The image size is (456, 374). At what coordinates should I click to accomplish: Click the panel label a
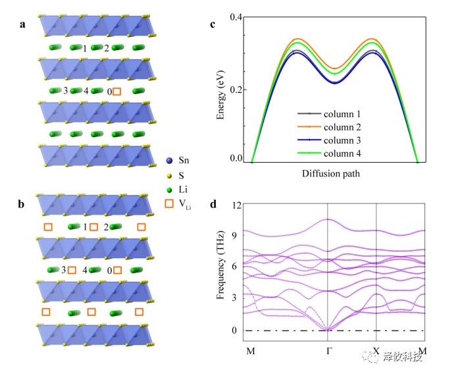tap(23, 25)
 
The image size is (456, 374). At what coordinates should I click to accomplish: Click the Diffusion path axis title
tap(334, 174)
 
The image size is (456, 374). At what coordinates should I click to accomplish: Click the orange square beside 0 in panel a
tap(117, 92)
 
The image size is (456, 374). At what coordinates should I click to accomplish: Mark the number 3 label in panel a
tap(65, 91)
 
